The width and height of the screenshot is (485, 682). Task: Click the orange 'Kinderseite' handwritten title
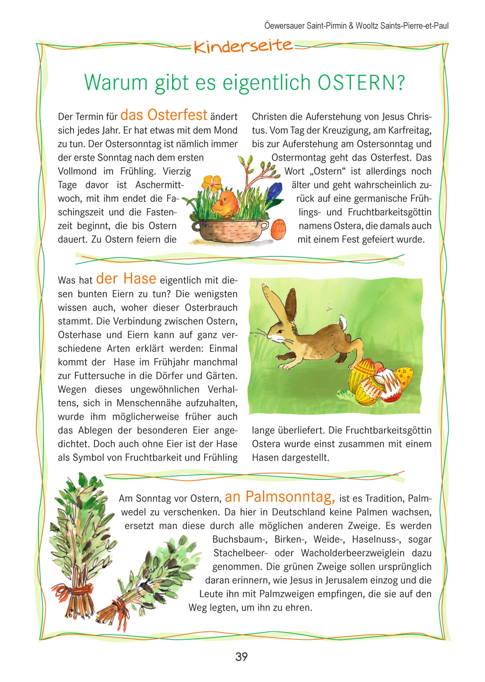click(243, 46)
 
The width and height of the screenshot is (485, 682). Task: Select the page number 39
click(241, 657)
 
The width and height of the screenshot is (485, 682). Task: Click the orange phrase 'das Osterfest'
click(164, 115)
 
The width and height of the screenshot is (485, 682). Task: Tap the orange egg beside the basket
click(278, 229)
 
